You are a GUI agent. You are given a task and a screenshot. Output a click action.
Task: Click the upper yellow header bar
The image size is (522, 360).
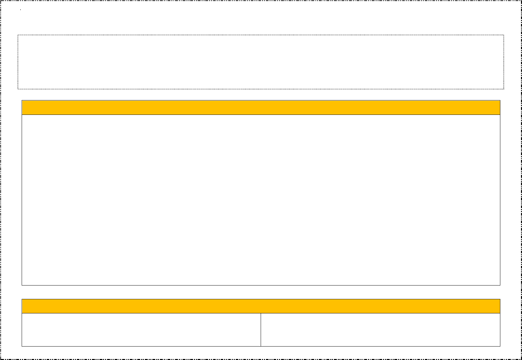261,107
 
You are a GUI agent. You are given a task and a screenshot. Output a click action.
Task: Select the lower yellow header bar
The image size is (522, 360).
261,306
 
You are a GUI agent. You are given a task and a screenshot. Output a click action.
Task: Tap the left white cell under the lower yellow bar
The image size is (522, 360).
141,330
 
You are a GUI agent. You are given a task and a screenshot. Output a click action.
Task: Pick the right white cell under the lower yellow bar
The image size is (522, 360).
380,330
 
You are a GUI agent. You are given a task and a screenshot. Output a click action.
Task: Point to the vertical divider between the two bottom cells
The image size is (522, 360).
261,330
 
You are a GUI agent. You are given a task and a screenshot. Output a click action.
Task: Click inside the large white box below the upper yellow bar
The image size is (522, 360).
261,200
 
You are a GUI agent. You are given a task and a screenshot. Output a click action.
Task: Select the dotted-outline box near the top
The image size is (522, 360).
261,62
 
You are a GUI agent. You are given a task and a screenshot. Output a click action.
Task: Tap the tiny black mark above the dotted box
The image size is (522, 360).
20,10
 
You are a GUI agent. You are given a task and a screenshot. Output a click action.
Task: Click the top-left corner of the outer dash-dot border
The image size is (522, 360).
1,1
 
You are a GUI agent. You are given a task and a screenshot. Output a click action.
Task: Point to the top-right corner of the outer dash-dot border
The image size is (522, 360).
521,1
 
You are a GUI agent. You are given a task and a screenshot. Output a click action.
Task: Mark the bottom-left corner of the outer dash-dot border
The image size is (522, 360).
1,359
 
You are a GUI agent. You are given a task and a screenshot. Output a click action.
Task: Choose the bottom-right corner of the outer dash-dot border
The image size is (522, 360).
521,359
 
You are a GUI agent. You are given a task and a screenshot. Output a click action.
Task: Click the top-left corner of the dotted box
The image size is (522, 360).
18,35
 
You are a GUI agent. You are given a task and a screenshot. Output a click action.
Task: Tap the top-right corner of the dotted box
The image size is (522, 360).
504,35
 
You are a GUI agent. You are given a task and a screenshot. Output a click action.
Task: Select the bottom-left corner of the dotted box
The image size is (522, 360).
18,89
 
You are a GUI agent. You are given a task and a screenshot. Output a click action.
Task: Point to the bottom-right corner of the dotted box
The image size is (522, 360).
504,89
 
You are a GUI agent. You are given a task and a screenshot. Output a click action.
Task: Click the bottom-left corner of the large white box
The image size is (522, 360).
22,285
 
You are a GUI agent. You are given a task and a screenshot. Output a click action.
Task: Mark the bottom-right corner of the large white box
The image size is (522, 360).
500,285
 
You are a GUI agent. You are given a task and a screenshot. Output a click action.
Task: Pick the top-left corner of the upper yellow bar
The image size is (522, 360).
22,100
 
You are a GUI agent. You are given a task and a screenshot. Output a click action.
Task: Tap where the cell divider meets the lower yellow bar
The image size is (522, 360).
261,313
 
